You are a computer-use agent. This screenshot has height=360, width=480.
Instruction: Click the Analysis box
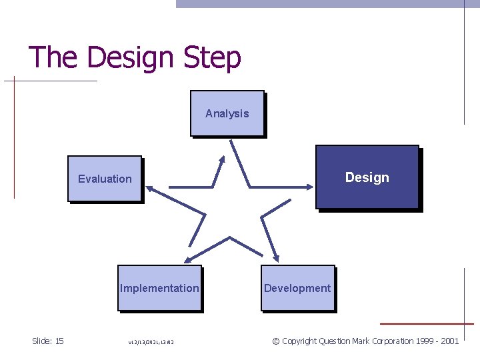click(227, 113)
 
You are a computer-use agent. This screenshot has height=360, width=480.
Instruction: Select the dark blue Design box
click(367, 177)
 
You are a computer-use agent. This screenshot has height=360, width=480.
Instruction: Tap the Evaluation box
click(105, 179)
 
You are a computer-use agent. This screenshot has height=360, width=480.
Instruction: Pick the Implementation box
click(159, 288)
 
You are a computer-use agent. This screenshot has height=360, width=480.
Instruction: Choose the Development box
click(297, 288)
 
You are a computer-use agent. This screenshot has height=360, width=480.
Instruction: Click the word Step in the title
click(208, 57)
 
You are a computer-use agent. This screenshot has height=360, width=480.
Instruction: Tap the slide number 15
click(59, 341)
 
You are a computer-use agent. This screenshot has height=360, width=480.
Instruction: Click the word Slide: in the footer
click(42, 341)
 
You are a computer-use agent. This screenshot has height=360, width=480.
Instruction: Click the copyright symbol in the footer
click(275, 341)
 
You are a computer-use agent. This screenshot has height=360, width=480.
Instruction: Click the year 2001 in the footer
click(449, 341)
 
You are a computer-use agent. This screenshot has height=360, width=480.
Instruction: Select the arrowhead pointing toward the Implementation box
click(188, 259)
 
